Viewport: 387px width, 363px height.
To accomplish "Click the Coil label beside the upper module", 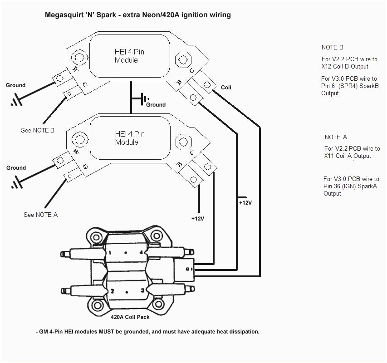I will [226, 87].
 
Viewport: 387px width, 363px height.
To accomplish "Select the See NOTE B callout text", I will [38, 130].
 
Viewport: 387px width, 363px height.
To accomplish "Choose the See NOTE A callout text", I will [40, 215].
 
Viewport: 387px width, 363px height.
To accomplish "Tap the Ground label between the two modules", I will [156, 105].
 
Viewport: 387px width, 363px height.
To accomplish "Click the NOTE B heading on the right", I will [332, 47].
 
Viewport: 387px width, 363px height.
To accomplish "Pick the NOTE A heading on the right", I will [336, 137].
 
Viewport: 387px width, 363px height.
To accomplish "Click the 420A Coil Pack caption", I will [130, 317].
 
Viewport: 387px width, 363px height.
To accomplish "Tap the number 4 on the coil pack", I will [142, 252].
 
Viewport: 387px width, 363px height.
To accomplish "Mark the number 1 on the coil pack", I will [110, 252].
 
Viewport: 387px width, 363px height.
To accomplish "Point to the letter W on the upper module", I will [76, 69].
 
